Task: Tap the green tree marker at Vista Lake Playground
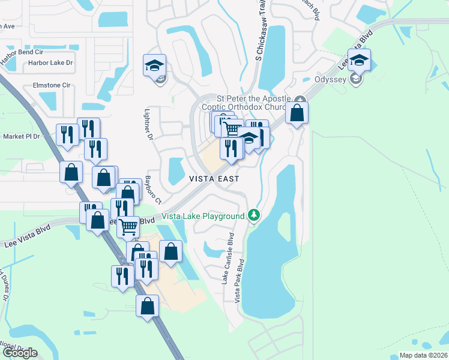[x=254, y=215]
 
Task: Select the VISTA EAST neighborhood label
[x=214, y=179]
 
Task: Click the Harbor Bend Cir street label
[x=26, y=52]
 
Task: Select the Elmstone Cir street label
[x=51, y=85]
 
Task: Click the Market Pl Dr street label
[x=21, y=136]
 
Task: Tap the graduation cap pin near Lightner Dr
[x=154, y=65]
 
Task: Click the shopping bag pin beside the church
[x=297, y=112]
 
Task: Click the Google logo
[x=20, y=353]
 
